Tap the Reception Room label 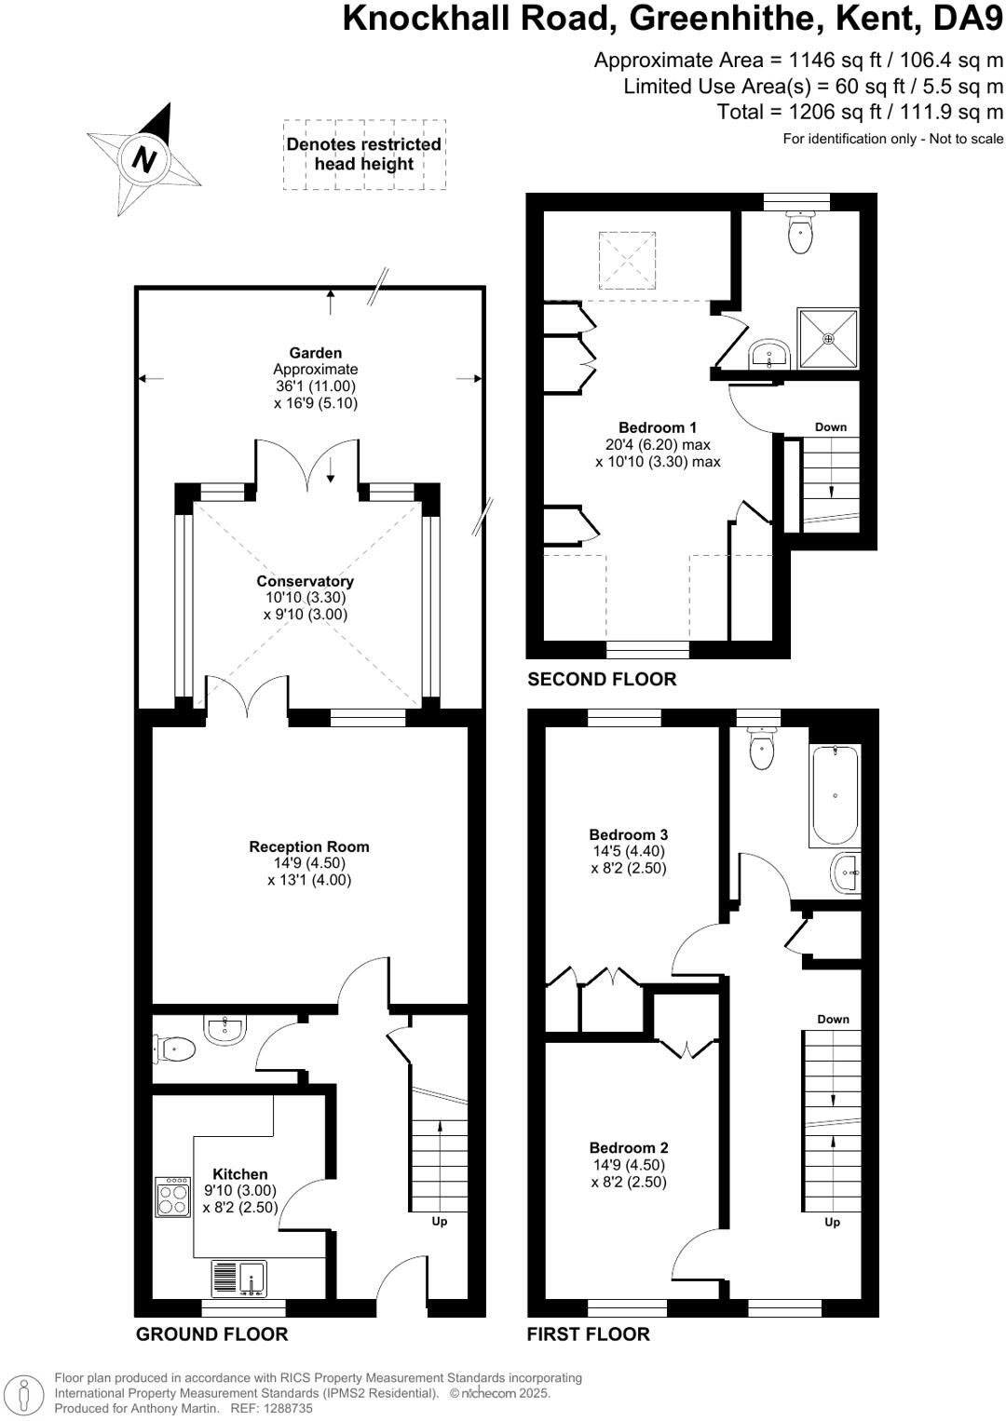pos(309,846)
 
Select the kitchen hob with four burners pos(171,1198)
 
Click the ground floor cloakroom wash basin pos(224,1031)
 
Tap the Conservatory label pos(306,581)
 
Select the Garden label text pos(315,353)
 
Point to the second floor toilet pos(800,233)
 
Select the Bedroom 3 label pos(629,834)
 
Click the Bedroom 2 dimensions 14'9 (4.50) pos(629,1165)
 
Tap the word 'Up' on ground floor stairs pos(439,1221)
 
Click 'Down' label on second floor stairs pos(831,427)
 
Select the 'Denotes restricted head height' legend pos(364,155)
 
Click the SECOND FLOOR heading pos(602,679)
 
